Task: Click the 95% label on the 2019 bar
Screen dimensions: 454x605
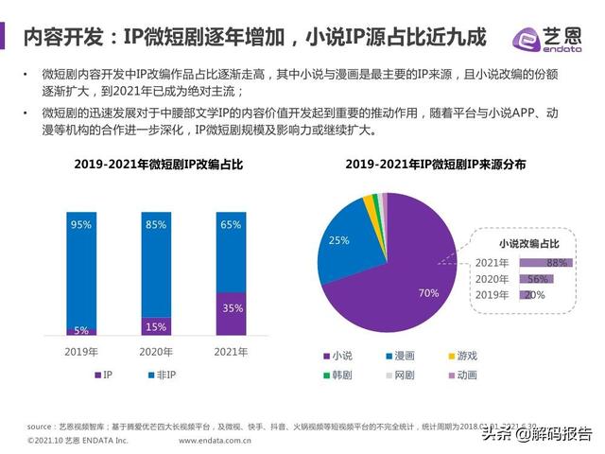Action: [x=80, y=225]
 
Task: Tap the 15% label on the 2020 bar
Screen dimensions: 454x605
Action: [x=156, y=326]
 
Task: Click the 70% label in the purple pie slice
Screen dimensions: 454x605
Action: [x=428, y=291]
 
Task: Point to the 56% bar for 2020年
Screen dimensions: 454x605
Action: [x=534, y=279]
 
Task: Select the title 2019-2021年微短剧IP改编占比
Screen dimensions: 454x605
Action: [x=159, y=165]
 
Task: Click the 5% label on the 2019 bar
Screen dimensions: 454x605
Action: [x=80, y=330]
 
